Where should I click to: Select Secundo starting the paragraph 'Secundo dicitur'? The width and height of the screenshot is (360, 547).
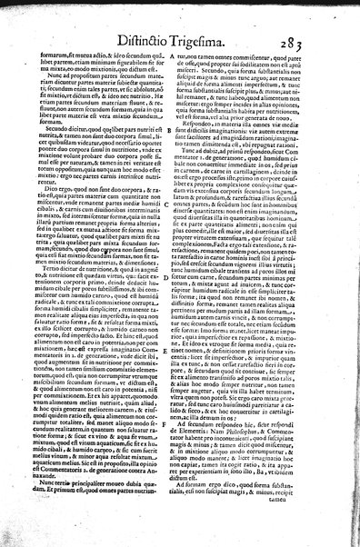point(51,128)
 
